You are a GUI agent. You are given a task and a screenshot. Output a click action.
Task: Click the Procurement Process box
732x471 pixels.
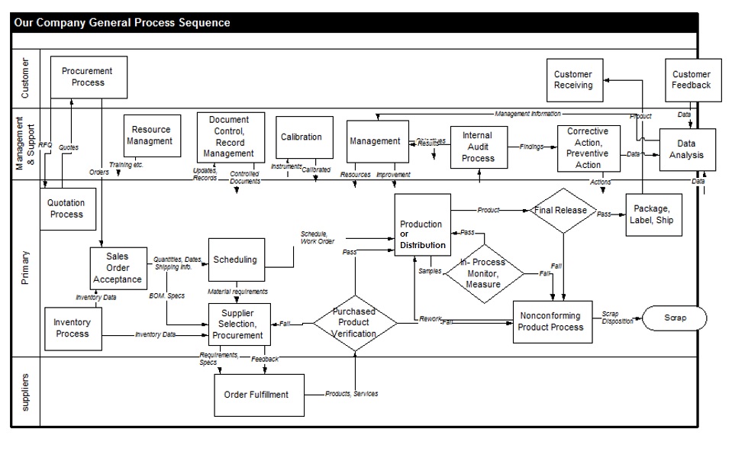(x=88, y=77)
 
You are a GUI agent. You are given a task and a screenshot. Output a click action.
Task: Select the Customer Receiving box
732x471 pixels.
(x=573, y=80)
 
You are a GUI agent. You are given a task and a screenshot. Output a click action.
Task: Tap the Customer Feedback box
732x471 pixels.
(x=692, y=80)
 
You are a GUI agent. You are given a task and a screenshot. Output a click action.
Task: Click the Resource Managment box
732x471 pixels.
(x=151, y=136)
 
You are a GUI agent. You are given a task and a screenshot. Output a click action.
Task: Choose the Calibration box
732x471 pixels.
(x=303, y=138)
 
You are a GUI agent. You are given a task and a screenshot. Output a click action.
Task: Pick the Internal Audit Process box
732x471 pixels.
(x=479, y=147)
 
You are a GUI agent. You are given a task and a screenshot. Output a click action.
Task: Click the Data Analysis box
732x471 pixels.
(x=687, y=150)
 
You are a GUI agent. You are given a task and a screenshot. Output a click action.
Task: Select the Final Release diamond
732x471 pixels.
(x=562, y=211)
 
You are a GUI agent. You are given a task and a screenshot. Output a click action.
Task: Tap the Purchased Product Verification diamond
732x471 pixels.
(x=355, y=323)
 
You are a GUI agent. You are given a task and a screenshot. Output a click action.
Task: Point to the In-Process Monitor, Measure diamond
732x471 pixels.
(x=484, y=273)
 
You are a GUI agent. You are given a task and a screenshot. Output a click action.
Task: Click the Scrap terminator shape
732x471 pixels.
(x=674, y=317)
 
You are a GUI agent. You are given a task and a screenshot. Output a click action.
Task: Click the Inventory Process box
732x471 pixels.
(x=72, y=328)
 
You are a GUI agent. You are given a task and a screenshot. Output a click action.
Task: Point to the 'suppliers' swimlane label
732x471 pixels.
(x=25, y=392)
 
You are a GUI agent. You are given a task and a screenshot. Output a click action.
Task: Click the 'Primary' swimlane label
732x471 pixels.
(x=25, y=269)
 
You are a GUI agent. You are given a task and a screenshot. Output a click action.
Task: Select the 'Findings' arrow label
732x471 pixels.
(x=532, y=146)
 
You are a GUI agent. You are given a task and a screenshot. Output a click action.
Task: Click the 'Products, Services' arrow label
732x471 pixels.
(x=351, y=394)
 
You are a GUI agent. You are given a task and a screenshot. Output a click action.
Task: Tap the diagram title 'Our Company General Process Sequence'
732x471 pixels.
(x=122, y=23)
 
